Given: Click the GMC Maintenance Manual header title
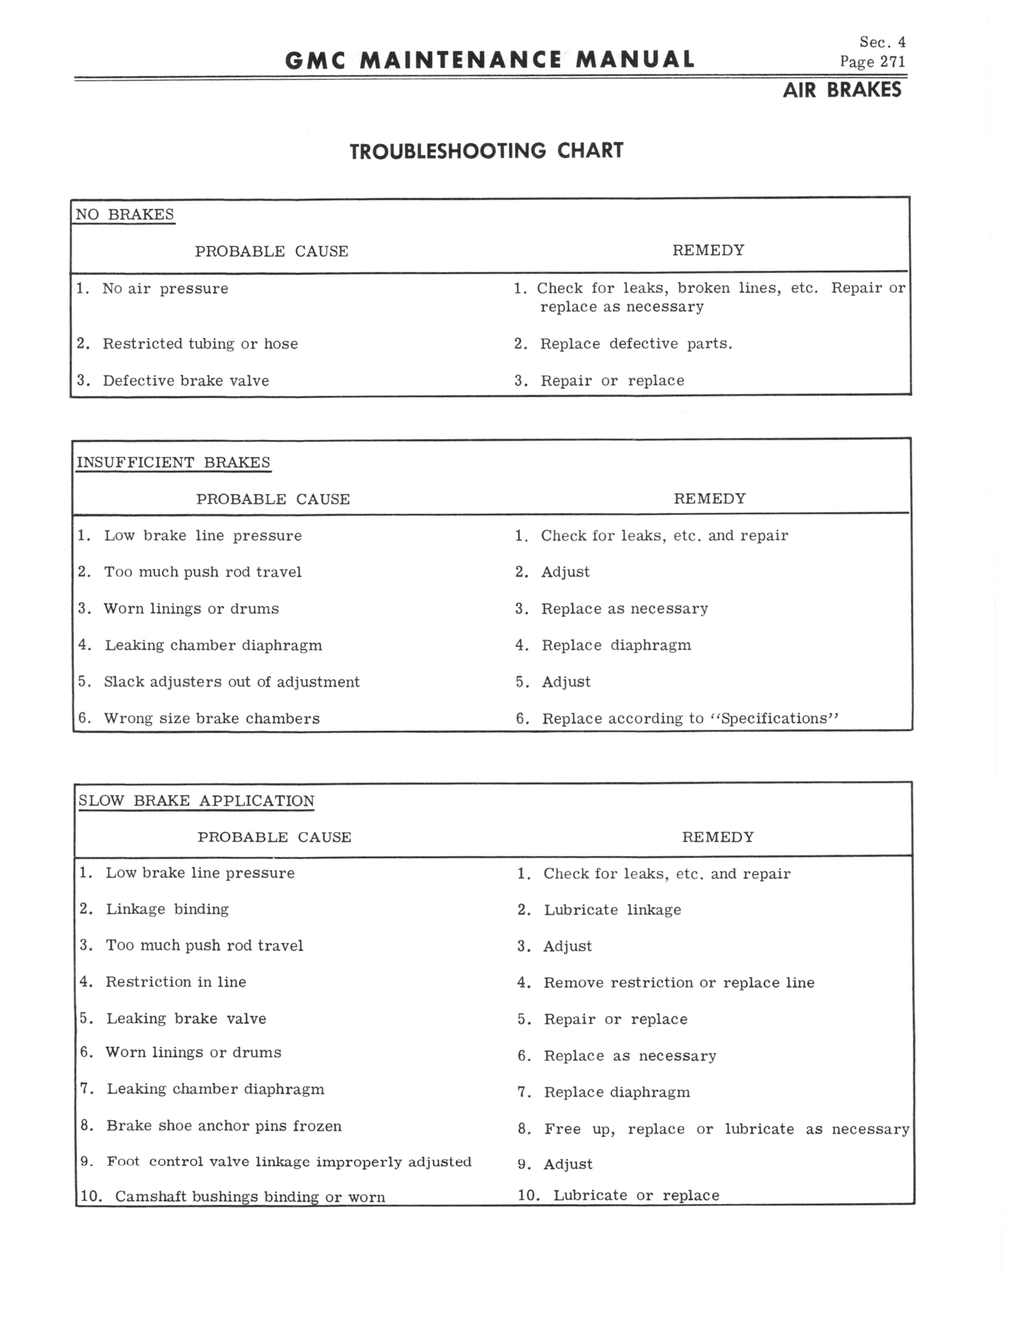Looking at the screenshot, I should coord(489,60).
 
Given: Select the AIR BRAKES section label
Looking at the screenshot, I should coord(841,90).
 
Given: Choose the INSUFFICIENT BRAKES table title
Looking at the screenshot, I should coord(173,462).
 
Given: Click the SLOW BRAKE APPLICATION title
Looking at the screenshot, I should coord(196,801).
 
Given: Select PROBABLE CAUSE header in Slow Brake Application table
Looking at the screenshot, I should coord(274,837).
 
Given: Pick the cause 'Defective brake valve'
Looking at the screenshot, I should coord(185,380).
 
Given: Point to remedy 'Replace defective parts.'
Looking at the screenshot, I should coord(636,344).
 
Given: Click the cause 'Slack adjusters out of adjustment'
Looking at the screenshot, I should coord(231,682).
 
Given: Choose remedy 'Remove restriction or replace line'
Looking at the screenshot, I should coord(679,982).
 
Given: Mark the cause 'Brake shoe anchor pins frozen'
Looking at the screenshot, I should coord(224,1126).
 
